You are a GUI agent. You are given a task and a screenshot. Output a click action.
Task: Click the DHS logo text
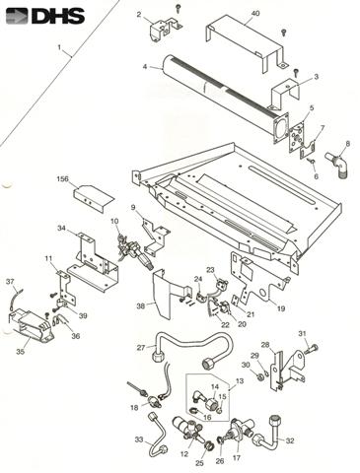tap(58, 16)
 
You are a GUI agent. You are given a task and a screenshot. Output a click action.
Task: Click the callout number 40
tap(255, 13)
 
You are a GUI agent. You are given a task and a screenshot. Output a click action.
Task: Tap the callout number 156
tap(62, 179)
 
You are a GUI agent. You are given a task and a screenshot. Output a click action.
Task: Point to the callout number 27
tap(141, 347)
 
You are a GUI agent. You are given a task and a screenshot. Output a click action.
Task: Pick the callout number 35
tap(21, 351)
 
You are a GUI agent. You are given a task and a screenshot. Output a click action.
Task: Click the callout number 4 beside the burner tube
tap(145, 67)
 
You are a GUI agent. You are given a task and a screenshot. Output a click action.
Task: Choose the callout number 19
tap(281, 308)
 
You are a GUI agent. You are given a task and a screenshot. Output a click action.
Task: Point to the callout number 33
tap(139, 439)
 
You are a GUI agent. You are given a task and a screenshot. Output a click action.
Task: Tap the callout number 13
tap(240, 381)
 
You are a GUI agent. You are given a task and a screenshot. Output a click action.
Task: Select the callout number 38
tap(141, 306)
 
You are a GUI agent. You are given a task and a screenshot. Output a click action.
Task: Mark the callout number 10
tap(114, 221)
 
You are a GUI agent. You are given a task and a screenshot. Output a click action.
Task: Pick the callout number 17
tap(237, 457)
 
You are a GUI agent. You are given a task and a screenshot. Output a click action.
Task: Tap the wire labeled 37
tap(16, 299)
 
